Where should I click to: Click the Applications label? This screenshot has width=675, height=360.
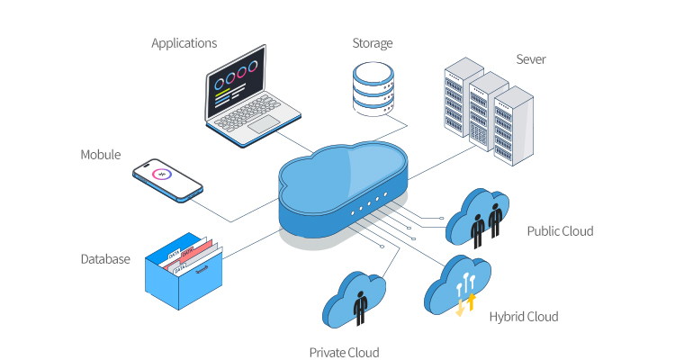[x=184, y=42]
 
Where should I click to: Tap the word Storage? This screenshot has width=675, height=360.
[x=372, y=42]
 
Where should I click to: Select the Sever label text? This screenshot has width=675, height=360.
[x=530, y=60]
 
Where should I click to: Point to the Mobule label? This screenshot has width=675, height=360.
[x=101, y=155]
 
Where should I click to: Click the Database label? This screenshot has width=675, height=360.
[x=104, y=259]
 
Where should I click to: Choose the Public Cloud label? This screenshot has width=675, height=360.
[x=560, y=231]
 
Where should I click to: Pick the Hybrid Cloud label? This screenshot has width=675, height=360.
[x=524, y=317]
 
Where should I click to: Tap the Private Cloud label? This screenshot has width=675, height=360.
[x=344, y=352]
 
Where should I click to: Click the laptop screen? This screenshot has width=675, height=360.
[x=237, y=86]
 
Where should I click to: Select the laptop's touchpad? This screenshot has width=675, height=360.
[x=267, y=124]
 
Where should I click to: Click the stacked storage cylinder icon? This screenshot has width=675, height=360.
[x=373, y=87]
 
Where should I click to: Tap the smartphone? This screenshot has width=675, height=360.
[x=167, y=179]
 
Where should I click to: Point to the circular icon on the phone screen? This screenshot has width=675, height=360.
[x=162, y=175]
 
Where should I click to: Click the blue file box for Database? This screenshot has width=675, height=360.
[x=183, y=279]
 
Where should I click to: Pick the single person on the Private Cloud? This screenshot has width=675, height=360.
[x=361, y=306]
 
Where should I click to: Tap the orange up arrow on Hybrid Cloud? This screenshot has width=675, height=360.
[x=470, y=300]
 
